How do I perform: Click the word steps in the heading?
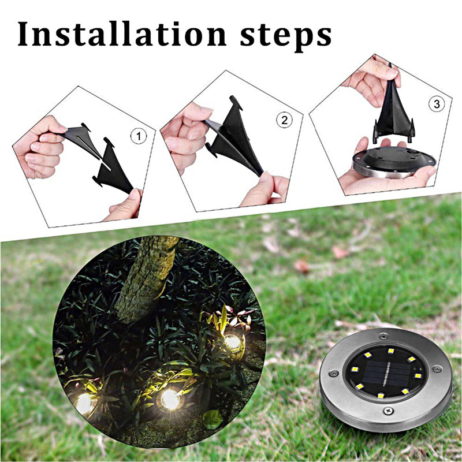click(286, 38)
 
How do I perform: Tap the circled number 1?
click(139, 136)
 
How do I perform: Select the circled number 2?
click(284, 120)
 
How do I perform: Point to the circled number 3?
click(437, 104)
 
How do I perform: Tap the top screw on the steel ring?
click(383, 336)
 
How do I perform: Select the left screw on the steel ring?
click(334, 372)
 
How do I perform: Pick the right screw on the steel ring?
click(437, 368)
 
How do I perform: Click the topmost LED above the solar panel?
click(391, 351)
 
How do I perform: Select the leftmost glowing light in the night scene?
click(85, 403)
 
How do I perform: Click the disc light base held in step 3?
click(394, 162)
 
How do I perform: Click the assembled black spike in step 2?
click(236, 136)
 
